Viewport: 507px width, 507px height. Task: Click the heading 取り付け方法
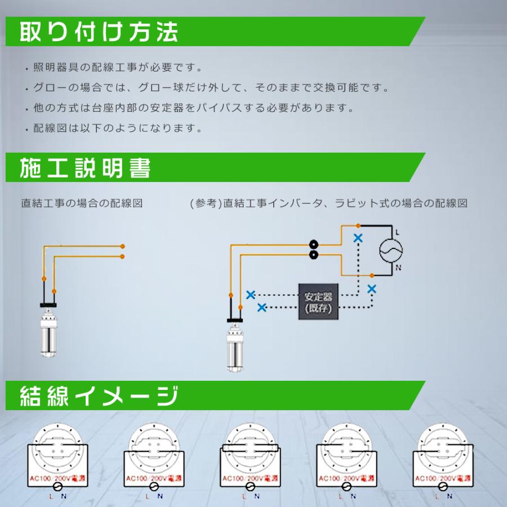(x=99, y=32)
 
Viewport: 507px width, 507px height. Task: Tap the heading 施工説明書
(x=86, y=168)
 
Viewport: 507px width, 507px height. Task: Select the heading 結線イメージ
(x=99, y=395)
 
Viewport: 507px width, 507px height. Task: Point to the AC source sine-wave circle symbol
(x=391, y=251)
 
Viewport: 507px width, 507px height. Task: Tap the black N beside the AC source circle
(x=398, y=268)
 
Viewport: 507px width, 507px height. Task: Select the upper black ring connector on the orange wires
(x=313, y=245)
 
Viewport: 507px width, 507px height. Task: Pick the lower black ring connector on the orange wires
(x=313, y=256)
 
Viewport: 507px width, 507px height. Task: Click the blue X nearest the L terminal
(x=358, y=238)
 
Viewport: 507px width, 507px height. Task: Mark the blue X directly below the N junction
(x=372, y=288)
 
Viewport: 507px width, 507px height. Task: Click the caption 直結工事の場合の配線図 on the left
(x=81, y=203)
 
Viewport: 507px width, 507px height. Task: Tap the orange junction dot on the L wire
(x=343, y=226)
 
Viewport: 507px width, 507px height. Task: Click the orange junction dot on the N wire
(x=372, y=275)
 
